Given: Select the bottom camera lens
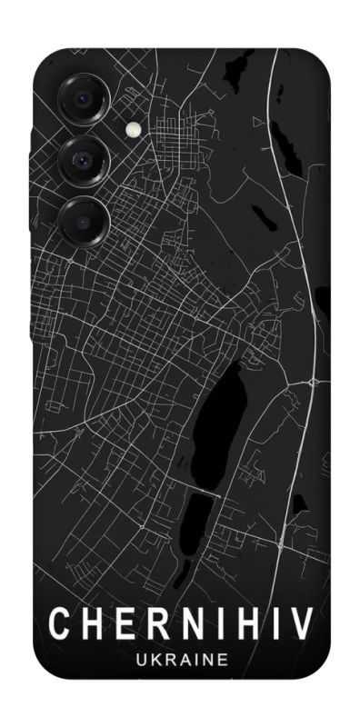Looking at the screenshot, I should (84, 219).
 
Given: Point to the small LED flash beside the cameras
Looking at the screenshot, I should (135, 130).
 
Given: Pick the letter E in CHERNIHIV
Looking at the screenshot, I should (125, 624).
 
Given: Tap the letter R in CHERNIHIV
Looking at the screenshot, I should (156, 624).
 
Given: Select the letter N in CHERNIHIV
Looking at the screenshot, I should (189, 624).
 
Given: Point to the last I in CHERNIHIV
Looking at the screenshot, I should (272, 624).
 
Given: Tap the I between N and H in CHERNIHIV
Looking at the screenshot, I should (215, 624).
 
